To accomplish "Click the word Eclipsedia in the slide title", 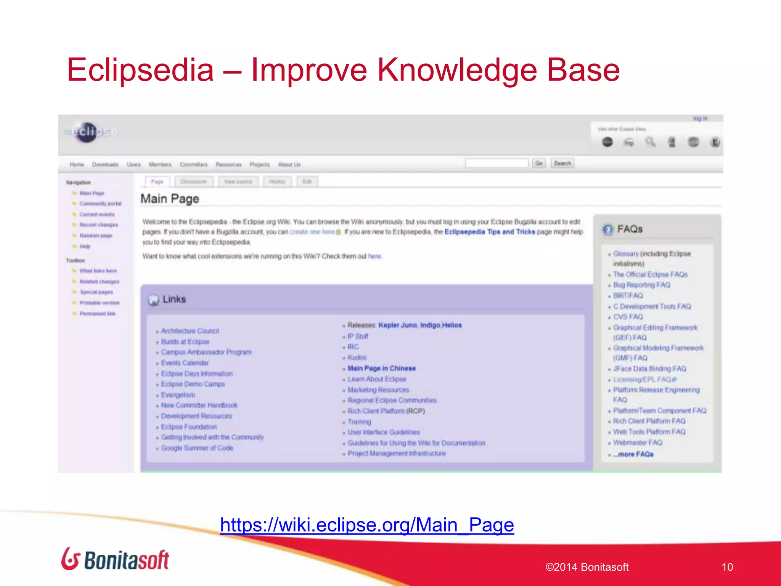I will click(140, 70).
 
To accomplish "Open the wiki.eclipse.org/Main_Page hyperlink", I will click(367, 525).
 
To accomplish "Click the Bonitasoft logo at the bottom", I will click(115, 559).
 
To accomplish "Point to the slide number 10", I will click(727, 567).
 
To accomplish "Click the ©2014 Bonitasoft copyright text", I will click(587, 567).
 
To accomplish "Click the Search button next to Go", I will click(562, 163).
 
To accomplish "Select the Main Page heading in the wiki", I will click(170, 199).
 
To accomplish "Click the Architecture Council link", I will click(190, 331).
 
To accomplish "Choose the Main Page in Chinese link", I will click(381, 368).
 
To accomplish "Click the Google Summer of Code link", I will click(197, 448).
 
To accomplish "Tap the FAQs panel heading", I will click(630, 229).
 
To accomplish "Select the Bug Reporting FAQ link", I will click(641, 285).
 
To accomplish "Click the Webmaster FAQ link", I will click(638, 443).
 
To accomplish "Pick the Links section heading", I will click(174, 299).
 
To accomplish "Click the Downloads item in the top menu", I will click(105, 164).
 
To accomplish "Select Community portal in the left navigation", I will click(100, 204).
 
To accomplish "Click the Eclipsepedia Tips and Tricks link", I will click(490, 232).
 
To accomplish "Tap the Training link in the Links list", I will click(359, 422).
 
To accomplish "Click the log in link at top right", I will click(700, 118).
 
